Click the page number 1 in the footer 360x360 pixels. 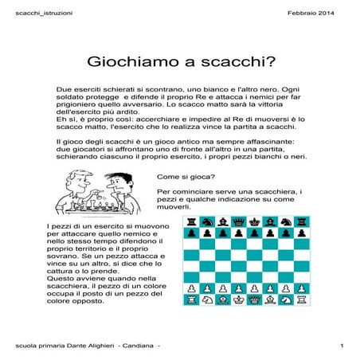tap(341, 345)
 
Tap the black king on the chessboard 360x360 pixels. tap(256, 222)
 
